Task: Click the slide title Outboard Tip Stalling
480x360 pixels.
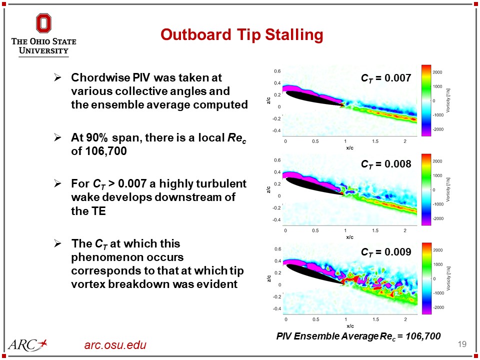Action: click(241, 34)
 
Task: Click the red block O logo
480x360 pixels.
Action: click(43, 23)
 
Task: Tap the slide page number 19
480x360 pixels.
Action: click(462, 344)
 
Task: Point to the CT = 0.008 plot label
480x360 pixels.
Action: click(385, 164)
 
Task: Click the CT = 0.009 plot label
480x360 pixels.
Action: click(385, 252)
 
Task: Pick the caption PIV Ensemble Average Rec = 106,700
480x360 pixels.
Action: click(358, 336)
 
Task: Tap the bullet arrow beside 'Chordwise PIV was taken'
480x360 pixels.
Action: click(57, 78)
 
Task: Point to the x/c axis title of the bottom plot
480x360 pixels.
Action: click(345, 324)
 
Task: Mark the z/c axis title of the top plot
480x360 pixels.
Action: click(268, 101)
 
